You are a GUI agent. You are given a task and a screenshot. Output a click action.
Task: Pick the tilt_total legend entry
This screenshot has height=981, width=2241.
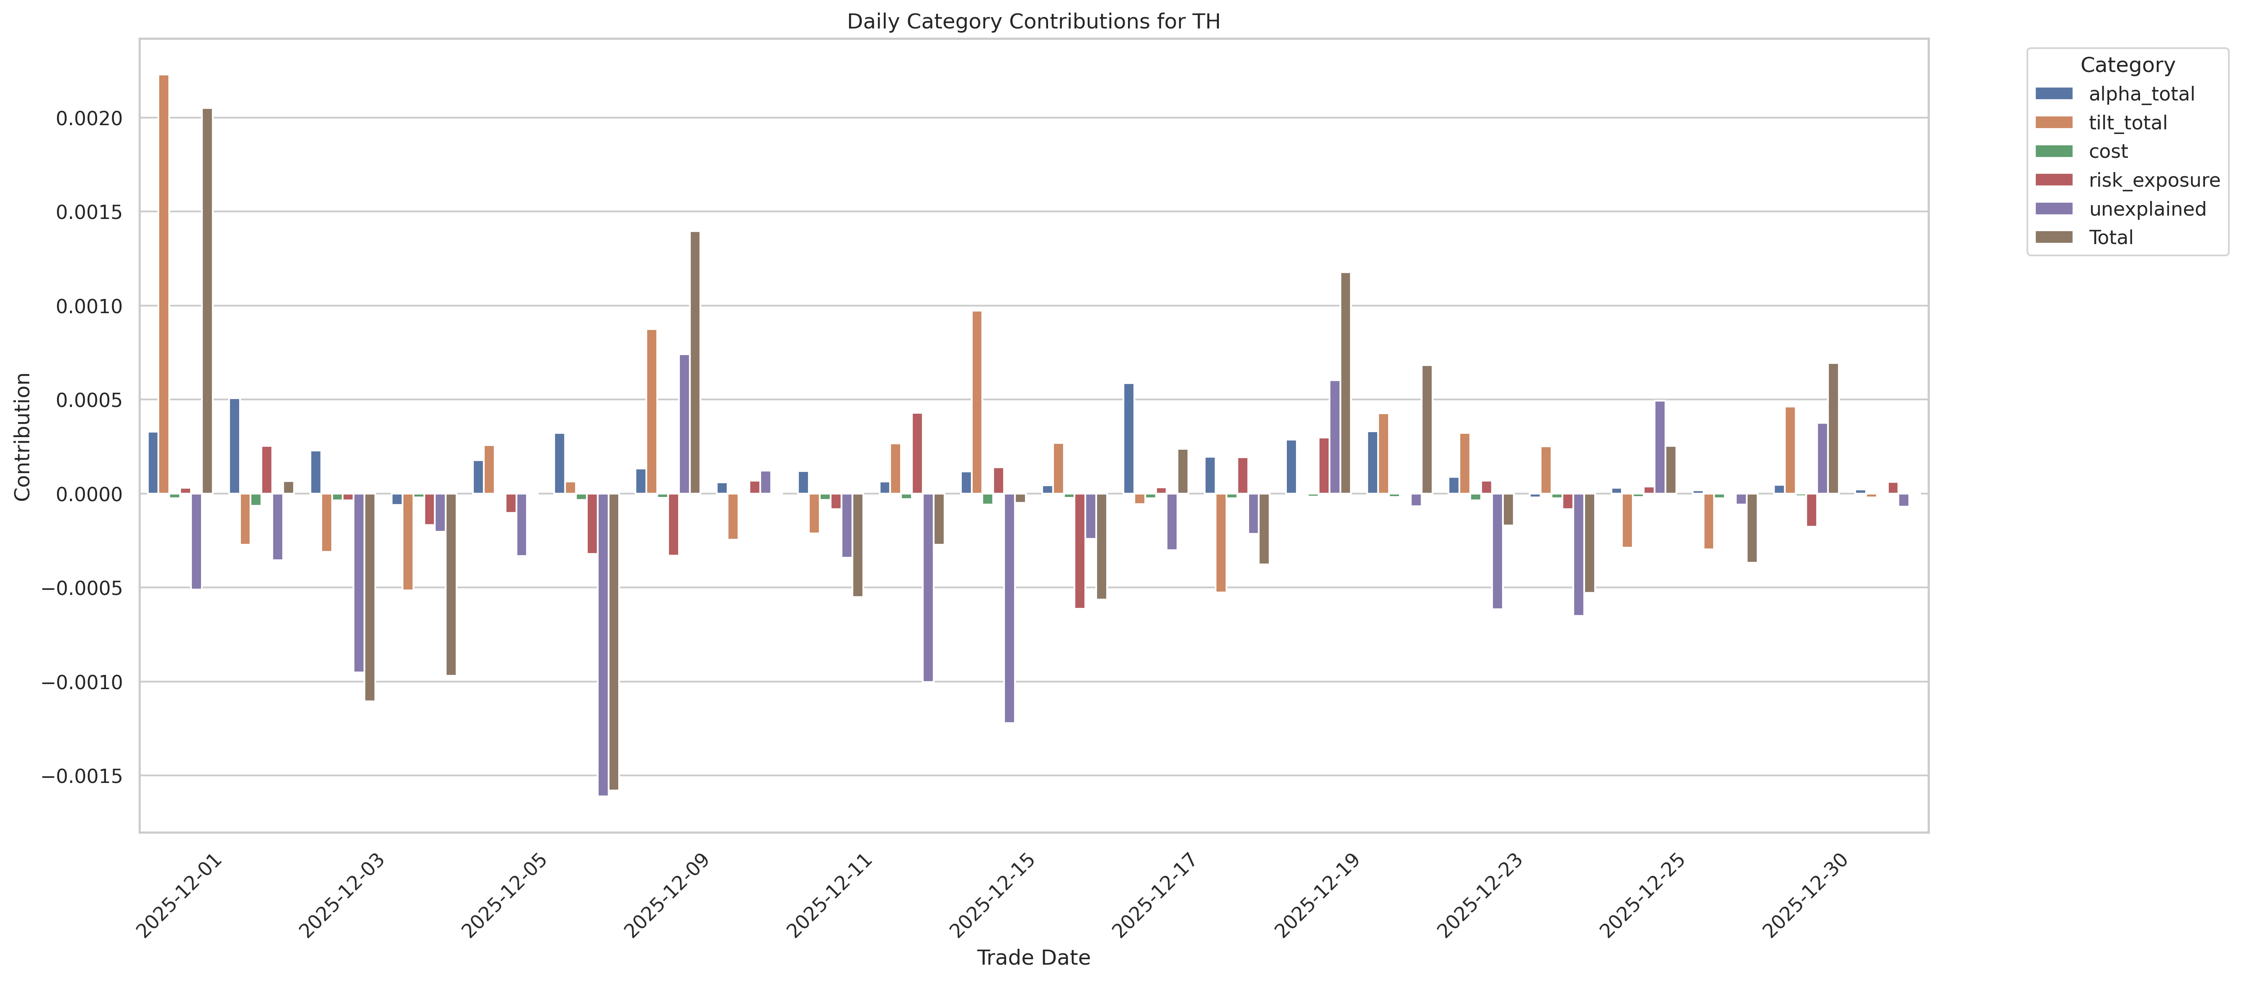pyautogui.click(x=2127, y=123)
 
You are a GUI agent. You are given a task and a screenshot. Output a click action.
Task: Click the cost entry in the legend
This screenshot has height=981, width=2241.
pyautogui.click(x=2108, y=151)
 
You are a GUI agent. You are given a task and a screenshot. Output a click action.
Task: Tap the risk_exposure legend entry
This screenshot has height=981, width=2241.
pyautogui.click(x=2153, y=180)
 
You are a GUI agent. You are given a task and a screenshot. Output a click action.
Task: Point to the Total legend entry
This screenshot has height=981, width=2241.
pyautogui.click(x=2110, y=237)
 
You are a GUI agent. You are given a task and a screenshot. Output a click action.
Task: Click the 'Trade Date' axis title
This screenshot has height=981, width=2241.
pyautogui.click(x=1033, y=958)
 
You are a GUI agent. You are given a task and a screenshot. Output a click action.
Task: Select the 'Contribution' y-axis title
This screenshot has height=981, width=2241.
pyautogui.click(x=23, y=437)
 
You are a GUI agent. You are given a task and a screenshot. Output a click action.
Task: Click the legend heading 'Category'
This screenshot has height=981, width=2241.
pyautogui.click(x=2127, y=65)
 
